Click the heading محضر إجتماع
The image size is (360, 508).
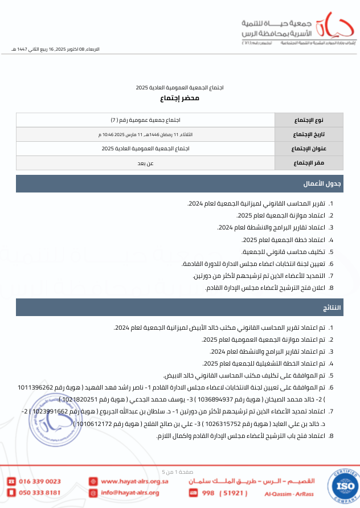pos(179,99)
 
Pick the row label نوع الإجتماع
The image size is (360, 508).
pos(309,120)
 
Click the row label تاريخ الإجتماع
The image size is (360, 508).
pos(309,134)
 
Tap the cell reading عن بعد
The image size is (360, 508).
pos(145,163)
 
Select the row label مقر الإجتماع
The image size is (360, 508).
pos(309,163)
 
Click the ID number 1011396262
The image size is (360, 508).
pos(36,387)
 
